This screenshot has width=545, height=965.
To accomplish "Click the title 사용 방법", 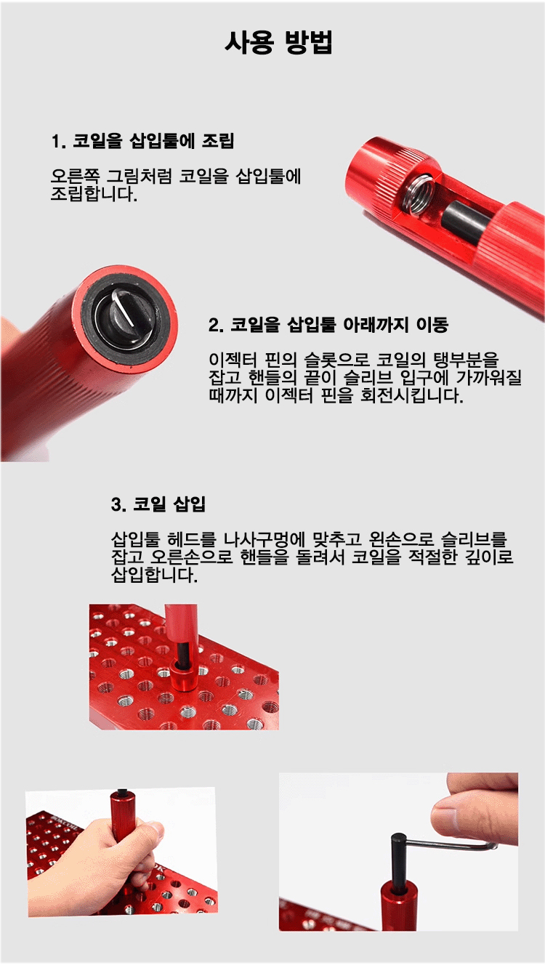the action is [x=278, y=43].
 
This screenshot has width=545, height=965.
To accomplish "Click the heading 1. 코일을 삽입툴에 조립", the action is [x=142, y=141].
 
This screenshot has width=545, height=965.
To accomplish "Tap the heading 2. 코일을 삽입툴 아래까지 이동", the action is [x=328, y=325].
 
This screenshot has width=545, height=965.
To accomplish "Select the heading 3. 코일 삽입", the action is [x=158, y=504].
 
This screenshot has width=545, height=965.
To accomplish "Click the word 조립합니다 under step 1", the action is [x=94, y=194].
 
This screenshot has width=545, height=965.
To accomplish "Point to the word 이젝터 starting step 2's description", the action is [x=233, y=360].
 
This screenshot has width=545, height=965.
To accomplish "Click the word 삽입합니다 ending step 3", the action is [x=154, y=575].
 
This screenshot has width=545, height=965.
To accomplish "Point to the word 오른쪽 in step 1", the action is [x=75, y=176].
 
